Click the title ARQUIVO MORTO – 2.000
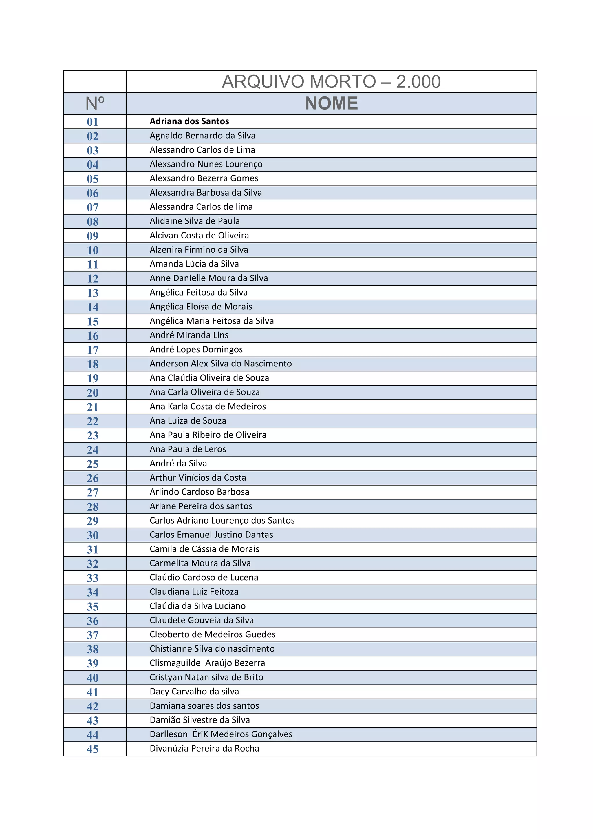[331, 81]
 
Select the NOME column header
[331, 103]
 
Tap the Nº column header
[95, 103]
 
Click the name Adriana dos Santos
[189, 121]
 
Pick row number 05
[93, 179]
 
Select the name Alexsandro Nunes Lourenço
[206, 164]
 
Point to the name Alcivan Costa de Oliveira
[199, 235]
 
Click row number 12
[93, 278]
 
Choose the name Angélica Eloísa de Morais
[201, 307]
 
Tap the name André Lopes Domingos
[196, 349]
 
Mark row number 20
[93, 393]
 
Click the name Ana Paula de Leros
[188, 449]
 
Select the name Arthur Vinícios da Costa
[198, 478]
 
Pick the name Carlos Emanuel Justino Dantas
[211, 535]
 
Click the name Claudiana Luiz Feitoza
[194, 592]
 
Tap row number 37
[93, 635]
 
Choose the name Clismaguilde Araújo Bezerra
[207, 663]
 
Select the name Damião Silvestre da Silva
[200, 720]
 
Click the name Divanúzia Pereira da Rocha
[204, 748]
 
